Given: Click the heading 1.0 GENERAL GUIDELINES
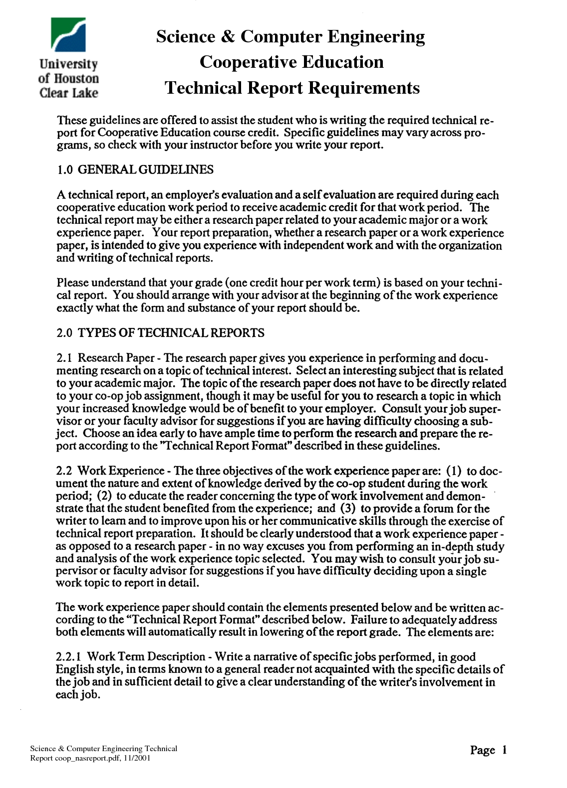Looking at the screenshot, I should pos(135,170).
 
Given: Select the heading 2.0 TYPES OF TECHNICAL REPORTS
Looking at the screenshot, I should pos(160,333).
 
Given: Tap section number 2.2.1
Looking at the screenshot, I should pos(69,657).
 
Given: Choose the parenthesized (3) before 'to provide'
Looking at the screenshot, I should pos(348,508).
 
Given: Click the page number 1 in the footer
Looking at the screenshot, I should pos(504,750).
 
